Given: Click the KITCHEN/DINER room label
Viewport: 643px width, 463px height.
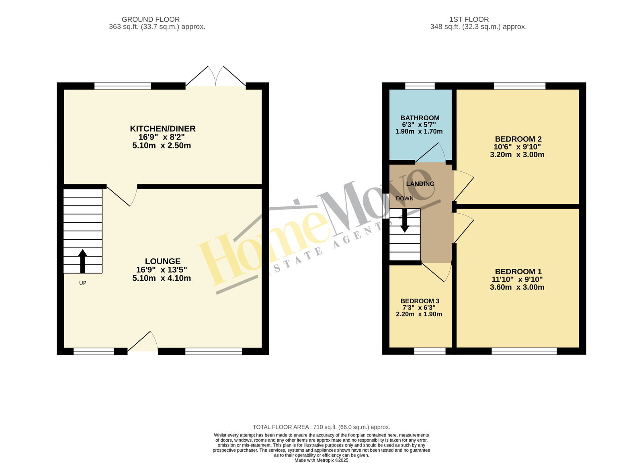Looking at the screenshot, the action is pyautogui.click(x=163, y=129).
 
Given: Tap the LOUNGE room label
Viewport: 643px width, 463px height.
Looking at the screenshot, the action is pyautogui.click(x=163, y=261).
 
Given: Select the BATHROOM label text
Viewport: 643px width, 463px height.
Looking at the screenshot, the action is pyautogui.click(x=420, y=118).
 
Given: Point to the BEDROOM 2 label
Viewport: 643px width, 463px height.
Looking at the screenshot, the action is pyautogui.click(x=518, y=139).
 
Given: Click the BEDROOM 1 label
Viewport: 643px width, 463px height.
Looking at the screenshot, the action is pyautogui.click(x=518, y=272).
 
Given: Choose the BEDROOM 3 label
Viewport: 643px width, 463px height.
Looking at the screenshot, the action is pyautogui.click(x=420, y=301).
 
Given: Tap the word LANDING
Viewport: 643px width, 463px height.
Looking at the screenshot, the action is pyautogui.click(x=420, y=184).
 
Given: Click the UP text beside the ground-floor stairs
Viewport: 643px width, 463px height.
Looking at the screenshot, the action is pyautogui.click(x=83, y=283).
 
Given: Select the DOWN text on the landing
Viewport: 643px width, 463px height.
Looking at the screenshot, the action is pyautogui.click(x=405, y=198).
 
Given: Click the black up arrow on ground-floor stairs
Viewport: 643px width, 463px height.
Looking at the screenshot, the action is pyautogui.click(x=83, y=261).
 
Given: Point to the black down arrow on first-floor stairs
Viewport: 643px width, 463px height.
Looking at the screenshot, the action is pyautogui.click(x=405, y=220).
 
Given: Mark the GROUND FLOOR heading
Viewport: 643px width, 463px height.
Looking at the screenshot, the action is pyautogui.click(x=151, y=19).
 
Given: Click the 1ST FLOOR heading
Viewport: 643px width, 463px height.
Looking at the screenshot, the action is pyautogui.click(x=469, y=19).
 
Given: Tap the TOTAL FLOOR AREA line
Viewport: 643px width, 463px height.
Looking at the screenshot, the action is pyautogui.click(x=321, y=427).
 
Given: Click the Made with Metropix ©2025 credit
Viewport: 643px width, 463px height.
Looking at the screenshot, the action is pyautogui.click(x=321, y=460).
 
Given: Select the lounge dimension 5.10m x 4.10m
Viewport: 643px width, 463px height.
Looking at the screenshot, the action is pyautogui.click(x=162, y=278).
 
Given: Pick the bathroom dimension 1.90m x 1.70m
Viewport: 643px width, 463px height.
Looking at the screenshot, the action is pyautogui.click(x=419, y=132).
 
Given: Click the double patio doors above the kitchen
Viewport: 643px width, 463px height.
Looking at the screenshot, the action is pyautogui.click(x=215, y=76).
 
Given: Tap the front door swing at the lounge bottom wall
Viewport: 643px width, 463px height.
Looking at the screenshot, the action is pyautogui.click(x=143, y=341).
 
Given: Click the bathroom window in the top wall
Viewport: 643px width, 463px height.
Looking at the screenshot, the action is pyautogui.click(x=420, y=86).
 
